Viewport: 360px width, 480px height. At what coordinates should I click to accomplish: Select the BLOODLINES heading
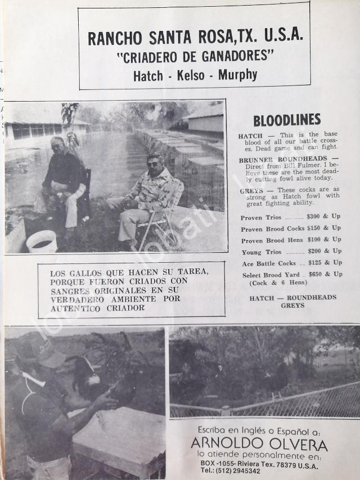pos(286,120)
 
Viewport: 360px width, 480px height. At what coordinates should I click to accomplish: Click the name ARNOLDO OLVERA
pos(259,446)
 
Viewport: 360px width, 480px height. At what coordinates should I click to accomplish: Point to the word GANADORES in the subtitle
pos(237,56)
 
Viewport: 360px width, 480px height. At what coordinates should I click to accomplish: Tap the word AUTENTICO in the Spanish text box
pos(74,308)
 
